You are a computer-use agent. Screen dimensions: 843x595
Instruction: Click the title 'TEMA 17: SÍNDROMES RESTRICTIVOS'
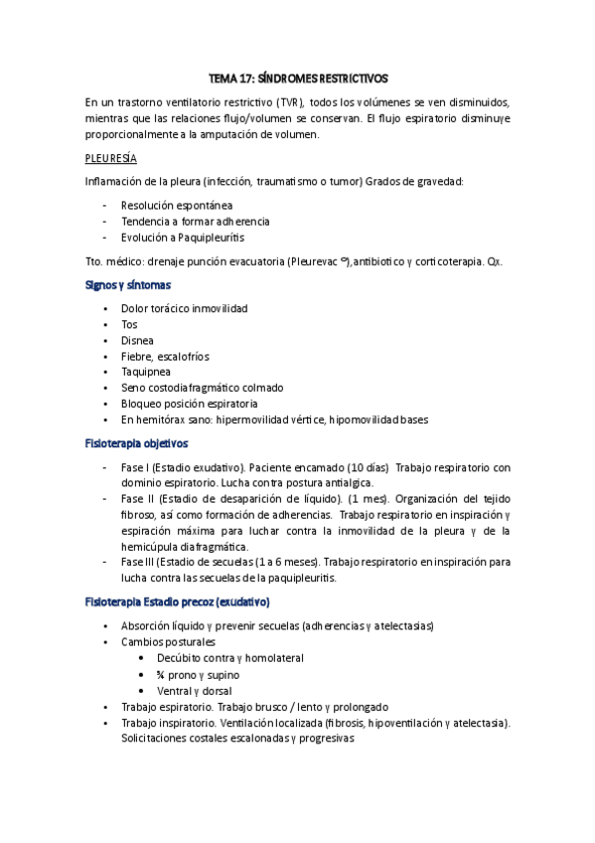pyautogui.click(x=298, y=77)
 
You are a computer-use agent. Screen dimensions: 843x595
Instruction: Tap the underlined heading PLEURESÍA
pyautogui.click(x=110, y=158)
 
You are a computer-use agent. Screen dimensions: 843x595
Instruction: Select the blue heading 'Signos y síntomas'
pyautogui.click(x=127, y=285)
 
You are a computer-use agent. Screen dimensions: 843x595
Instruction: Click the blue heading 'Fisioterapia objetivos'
pyautogui.click(x=137, y=443)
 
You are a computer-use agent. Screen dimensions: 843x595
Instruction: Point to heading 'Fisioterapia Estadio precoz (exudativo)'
pyautogui.click(x=178, y=602)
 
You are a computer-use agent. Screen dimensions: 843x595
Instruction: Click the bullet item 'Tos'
pyautogui.click(x=129, y=325)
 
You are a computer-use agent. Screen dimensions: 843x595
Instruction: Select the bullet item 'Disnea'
pyautogui.click(x=137, y=341)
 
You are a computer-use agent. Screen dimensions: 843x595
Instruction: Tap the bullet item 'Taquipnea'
pyautogui.click(x=145, y=373)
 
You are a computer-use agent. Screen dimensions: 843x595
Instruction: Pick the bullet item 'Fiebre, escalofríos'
pyautogui.click(x=165, y=357)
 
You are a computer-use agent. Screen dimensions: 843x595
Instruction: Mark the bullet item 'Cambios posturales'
pyautogui.click(x=168, y=642)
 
